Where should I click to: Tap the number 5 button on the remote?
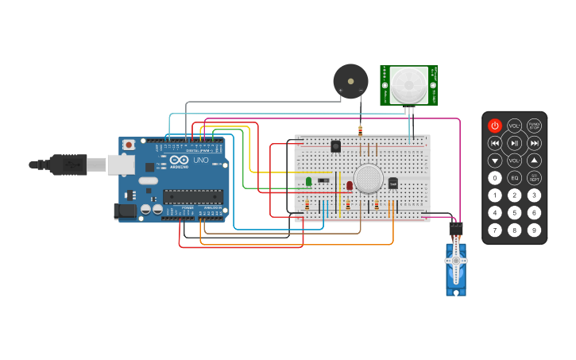point(515,212)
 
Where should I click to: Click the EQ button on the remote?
point(515,178)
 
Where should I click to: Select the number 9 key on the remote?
point(534,230)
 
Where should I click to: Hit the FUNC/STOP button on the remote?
point(534,126)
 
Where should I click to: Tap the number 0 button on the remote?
point(495,178)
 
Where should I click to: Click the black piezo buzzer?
point(350,81)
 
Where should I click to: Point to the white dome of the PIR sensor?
point(408,83)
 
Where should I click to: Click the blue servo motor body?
point(456,269)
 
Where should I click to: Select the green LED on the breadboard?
point(308,182)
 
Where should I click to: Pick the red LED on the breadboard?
point(349,185)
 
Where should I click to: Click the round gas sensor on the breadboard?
point(369,178)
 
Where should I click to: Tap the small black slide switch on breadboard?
point(323,180)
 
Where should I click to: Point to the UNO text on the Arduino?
point(200,161)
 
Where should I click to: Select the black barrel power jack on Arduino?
point(125,211)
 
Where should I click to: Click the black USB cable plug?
point(68,165)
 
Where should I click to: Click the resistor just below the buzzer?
point(360,130)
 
